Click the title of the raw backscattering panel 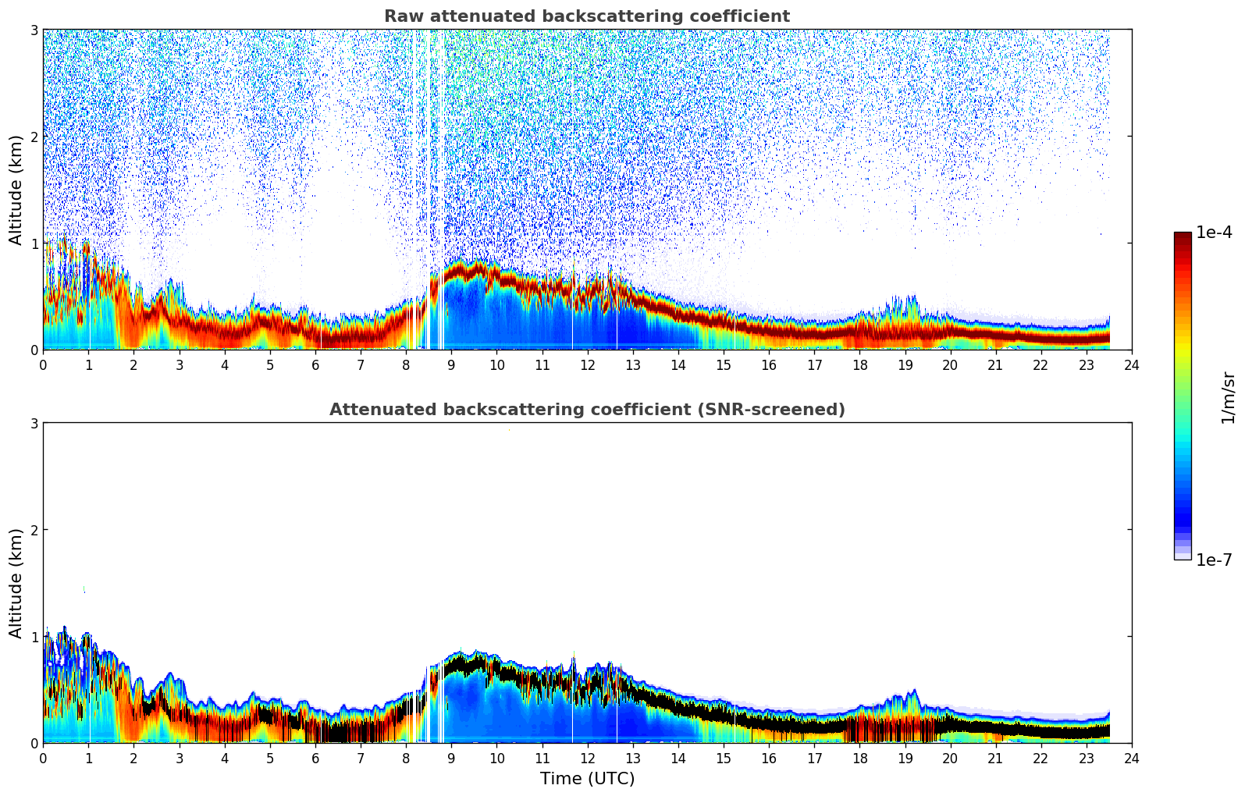(x=586, y=16)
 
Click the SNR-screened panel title (x=586, y=410)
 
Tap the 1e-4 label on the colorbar (x=1214, y=233)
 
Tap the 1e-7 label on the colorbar (x=1214, y=560)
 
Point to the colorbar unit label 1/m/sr (x=1228, y=397)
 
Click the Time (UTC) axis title (x=587, y=779)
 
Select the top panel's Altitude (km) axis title (x=16, y=190)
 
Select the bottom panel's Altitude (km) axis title (x=16, y=583)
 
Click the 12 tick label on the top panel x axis (x=587, y=365)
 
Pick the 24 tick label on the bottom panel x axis (x=1132, y=759)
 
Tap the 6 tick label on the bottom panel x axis (x=315, y=759)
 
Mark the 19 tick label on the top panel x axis (x=905, y=365)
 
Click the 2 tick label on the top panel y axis (x=34, y=137)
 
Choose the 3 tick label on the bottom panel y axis (x=34, y=423)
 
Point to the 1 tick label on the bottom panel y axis (x=34, y=637)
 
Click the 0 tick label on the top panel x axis (x=43, y=365)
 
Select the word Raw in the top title (x=400, y=16)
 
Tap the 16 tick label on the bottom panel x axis (x=769, y=759)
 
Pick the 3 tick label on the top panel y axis (x=34, y=30)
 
